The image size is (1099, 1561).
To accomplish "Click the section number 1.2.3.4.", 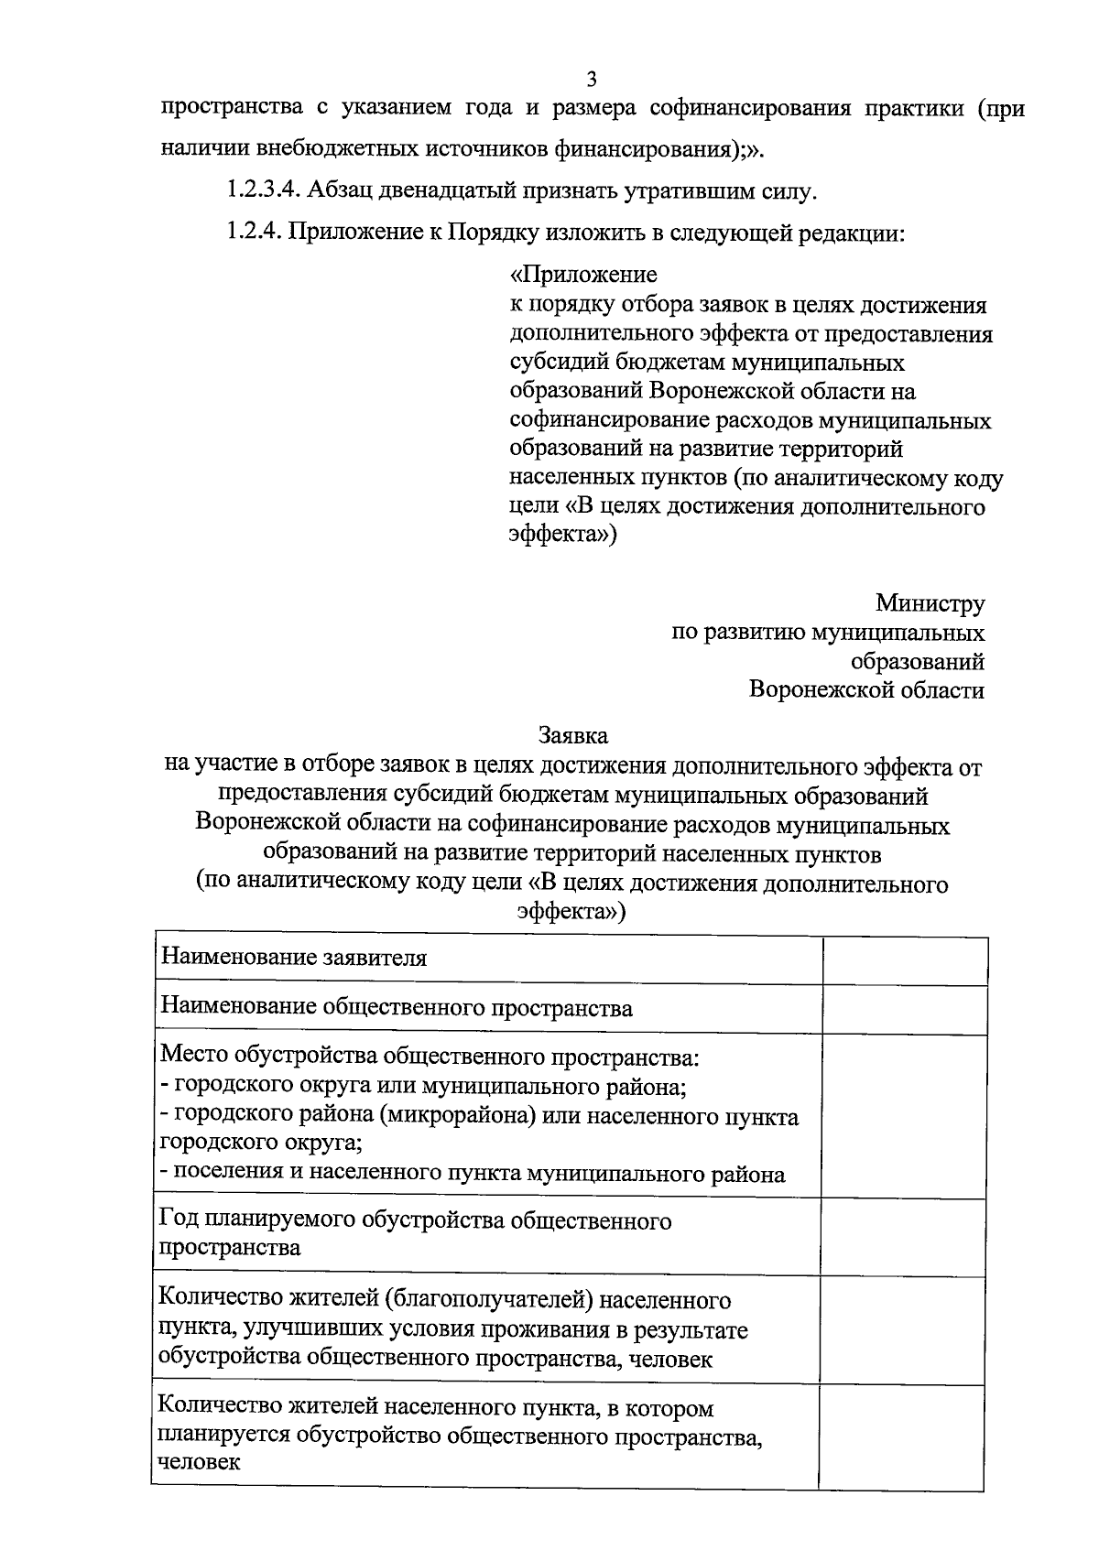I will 262,191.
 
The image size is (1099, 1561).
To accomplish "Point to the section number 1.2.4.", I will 254,233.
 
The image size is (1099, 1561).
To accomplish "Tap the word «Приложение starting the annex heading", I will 583,275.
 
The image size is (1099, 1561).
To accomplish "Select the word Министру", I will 930,603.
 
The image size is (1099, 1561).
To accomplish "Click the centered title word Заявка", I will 572,735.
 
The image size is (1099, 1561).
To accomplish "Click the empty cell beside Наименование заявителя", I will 904,960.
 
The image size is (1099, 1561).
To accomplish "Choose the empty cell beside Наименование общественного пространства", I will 904,1009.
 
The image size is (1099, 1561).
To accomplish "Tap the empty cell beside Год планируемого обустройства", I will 904,1233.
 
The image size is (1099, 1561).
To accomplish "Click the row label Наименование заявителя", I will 294,959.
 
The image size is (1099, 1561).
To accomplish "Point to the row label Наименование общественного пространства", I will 396,1008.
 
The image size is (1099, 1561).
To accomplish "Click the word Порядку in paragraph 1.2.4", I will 495,233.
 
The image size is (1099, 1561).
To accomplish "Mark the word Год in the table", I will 179,1220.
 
